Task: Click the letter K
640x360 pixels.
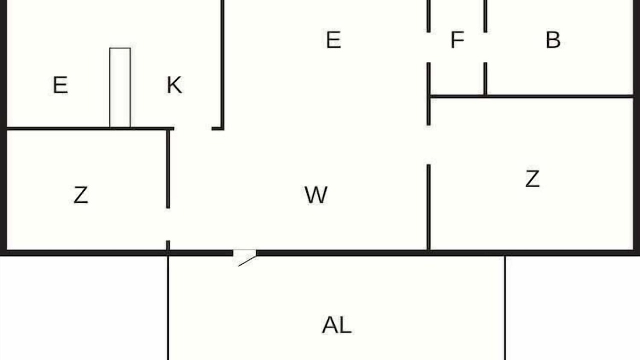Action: tap(174, 85)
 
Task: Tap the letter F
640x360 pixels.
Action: tap(457, 39)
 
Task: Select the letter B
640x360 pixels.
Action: tap(553, 39)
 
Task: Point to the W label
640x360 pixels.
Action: tap(315, 195)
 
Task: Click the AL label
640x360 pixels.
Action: tap(336, 325)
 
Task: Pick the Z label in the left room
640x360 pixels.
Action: tap(81, 195)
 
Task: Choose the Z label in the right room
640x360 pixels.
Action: tap(532, 179)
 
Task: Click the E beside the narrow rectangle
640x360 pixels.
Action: tap(60, 85)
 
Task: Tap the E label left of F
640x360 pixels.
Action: tap(333, 39)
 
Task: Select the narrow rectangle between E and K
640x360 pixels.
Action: tap(120, 87)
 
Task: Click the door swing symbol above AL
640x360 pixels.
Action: tap(245, 258)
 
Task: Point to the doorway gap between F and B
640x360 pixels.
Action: tap(485, 47)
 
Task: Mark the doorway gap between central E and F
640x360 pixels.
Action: tap(428, 47)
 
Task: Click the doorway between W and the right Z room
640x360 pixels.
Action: tap(428, 145)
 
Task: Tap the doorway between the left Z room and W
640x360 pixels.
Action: tap(168, 224)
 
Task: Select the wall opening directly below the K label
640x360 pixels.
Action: tap(193, 129)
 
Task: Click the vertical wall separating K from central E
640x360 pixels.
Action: tap(222, 64)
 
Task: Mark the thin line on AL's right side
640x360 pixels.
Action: tap(505, 307)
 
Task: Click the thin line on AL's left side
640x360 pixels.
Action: tap(168, 307)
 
